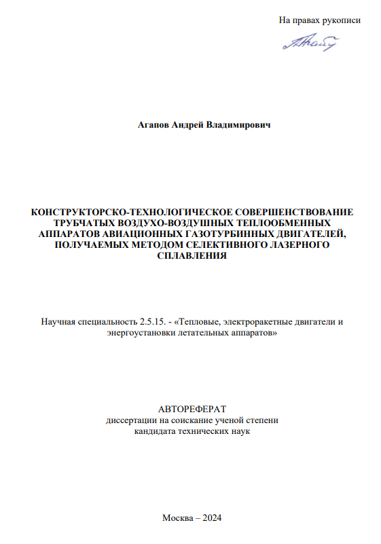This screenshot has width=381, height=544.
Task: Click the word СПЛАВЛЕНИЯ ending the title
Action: (x=191, y=256)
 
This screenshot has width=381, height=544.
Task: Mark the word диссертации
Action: (x=129, y=420)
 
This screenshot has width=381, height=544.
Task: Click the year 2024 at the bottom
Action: (x=212, y=518)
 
